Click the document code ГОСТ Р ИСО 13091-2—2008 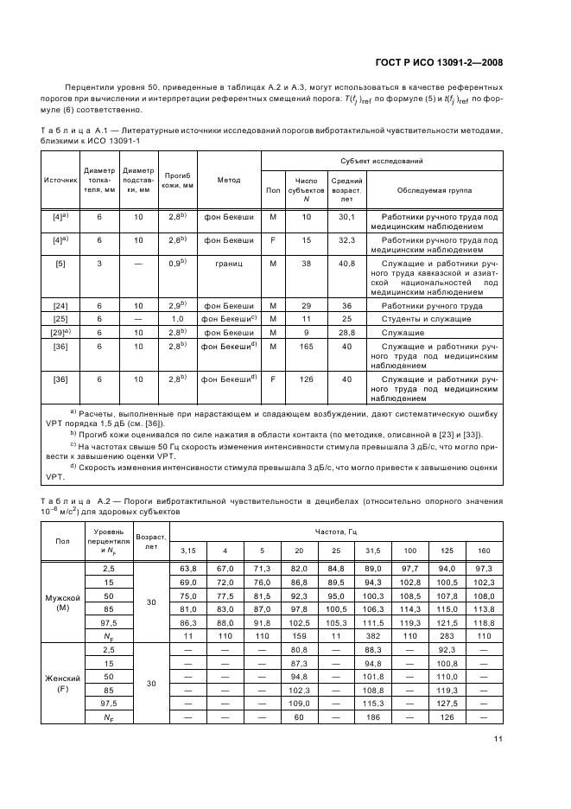tap(440, 61)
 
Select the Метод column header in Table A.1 tap(228, 180)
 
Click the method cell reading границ tap(228, 263)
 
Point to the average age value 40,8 tap(346, 263)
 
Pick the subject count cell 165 tap(306, 346)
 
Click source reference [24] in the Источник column tap(60, 306)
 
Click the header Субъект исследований tap(381, 162)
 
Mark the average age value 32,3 tap(346, 239)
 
